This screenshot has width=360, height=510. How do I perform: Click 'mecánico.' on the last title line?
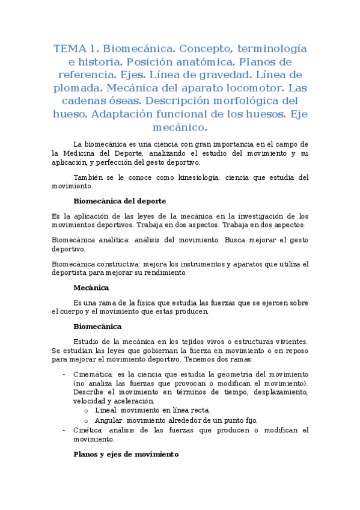(180, 127)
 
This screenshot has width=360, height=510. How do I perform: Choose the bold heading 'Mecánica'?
(91, 287)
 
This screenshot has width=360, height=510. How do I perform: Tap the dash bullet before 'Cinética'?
(64, 431)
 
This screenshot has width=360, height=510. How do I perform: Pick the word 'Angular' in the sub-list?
(108, 420)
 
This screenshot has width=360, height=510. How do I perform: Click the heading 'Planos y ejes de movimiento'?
(126, 455)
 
